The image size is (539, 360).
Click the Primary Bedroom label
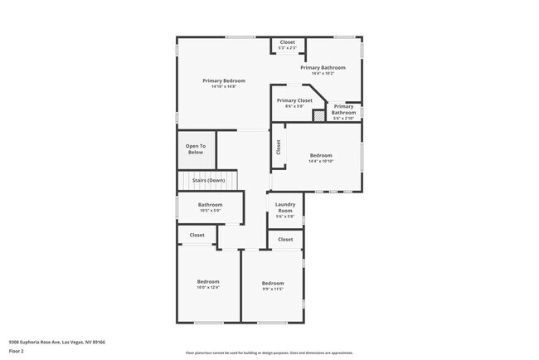coord(224,80)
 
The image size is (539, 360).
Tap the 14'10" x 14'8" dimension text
coord(224,86)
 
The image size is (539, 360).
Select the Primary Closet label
coord(294,100)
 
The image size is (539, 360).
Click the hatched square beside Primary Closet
coord(318,116)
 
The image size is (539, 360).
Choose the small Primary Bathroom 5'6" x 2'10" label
coord(343,109)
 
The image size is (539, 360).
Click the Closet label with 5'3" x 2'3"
coord(287,42)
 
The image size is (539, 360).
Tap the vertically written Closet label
coord(279,147)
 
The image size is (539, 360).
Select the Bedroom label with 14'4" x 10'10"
coord(321,155)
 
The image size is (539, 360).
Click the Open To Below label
coord(195,149)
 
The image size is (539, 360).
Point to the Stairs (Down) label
coord(208,180)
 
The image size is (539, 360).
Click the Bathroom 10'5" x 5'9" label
coord(210,205)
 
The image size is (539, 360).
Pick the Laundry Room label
coord(285,207)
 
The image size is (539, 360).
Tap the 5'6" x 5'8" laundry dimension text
coord(285,216)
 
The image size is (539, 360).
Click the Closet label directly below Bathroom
coord(197,235)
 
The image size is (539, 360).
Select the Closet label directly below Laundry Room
coord(285,239)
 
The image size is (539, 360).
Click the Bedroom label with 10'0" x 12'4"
coord(207,281)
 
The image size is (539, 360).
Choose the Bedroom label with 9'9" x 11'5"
coord(273,283)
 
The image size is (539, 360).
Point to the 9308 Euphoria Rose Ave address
coord(57,341)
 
